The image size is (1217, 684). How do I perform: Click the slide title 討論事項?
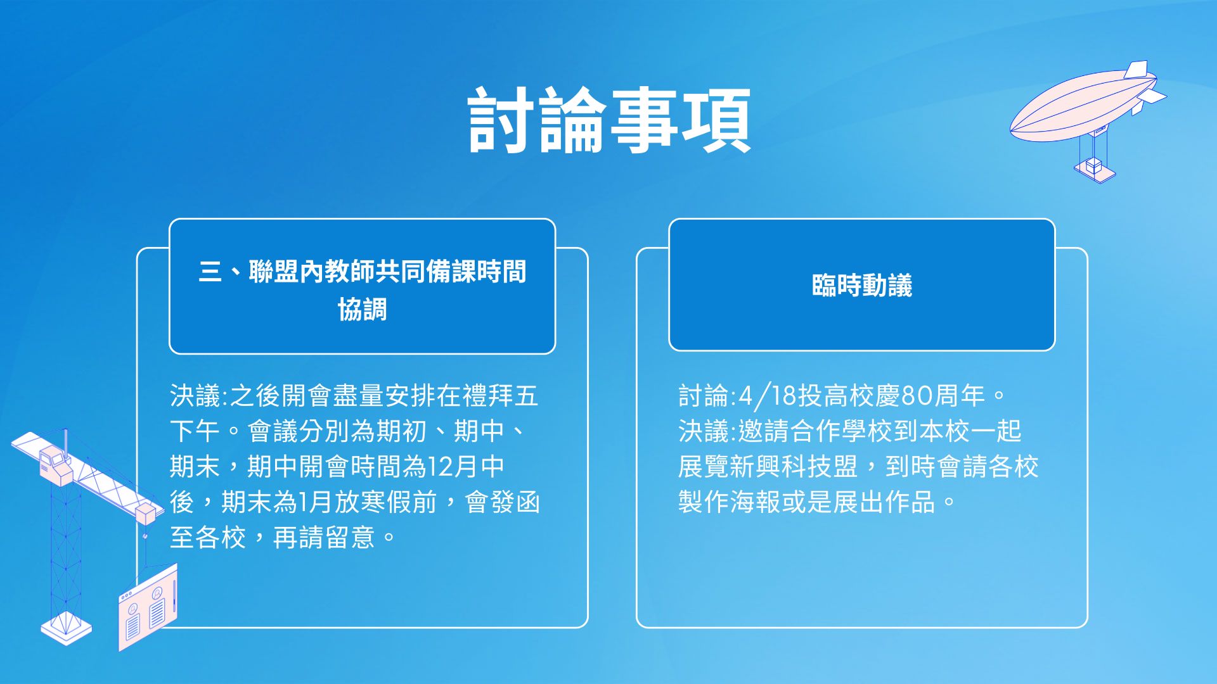tap(608, 120)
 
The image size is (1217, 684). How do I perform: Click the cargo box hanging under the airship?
tap(1095, 167)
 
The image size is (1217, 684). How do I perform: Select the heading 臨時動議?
tap(861, 286)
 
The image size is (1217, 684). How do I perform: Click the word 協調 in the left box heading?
tap(362, 310)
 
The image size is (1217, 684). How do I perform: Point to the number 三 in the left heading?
tap(210, 272)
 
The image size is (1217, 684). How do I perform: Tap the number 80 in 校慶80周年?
tap(917, 396)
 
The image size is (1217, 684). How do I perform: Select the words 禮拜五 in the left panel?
tap(500, 396)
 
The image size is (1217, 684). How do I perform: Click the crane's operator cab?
tap(54, 464)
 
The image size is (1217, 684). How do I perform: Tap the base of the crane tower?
tap(66, 628)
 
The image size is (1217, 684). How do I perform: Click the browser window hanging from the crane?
tap(148, 608)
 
